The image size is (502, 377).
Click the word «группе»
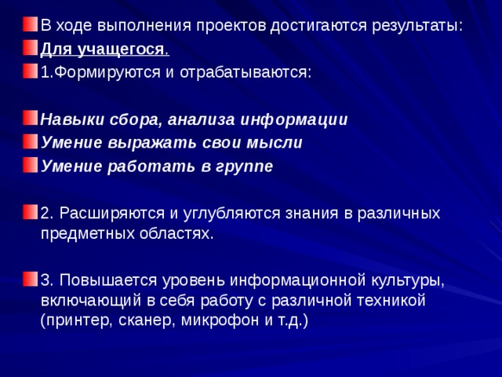244,167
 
